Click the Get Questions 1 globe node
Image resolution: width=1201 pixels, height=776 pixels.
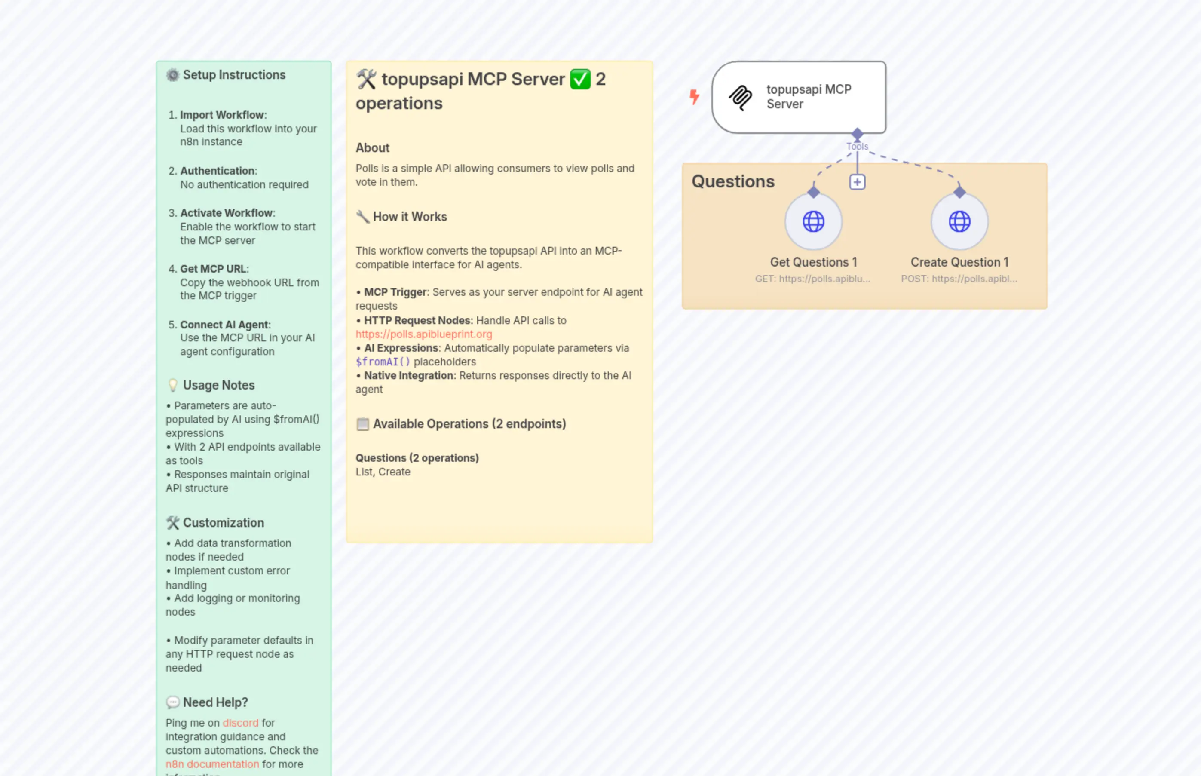pos(813,221)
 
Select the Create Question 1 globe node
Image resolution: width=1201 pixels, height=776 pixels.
pos(959,221)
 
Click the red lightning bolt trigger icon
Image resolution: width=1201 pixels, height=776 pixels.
pos(694,96)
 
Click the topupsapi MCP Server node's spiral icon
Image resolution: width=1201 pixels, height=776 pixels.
pos(740,97)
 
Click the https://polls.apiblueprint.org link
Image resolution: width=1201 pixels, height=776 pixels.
pos(423,334)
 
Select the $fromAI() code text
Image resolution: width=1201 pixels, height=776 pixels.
pos(383,362)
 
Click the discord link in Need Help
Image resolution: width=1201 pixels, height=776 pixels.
pos(240,723)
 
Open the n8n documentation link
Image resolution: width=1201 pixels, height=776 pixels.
pos(211,764)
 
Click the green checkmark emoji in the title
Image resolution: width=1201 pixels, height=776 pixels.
pos(579,79)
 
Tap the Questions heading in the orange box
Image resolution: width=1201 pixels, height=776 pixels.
pos(732,181)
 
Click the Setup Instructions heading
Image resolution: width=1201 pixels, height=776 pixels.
pos(234,74)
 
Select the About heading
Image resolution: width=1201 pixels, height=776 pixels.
pos(372,147)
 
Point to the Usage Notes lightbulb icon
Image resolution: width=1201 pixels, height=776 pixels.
pos(172,385)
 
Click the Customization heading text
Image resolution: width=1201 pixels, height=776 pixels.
pos(223,522)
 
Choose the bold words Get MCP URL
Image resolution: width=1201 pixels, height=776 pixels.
pos(213,269)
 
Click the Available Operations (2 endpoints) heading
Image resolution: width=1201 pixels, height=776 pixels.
pos(469,424)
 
